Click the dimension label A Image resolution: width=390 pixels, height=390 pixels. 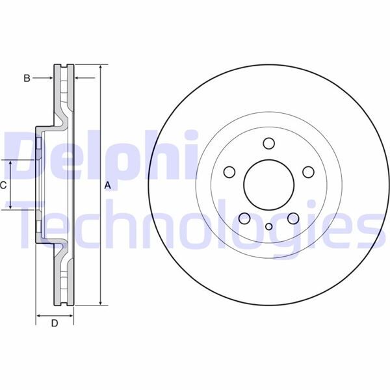[108, 185]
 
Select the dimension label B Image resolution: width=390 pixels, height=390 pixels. [27, 78]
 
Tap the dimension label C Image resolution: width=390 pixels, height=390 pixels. [3, 185]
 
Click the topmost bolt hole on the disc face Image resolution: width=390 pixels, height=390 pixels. [268, 144]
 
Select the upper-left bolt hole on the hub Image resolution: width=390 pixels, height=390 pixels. [229, 172]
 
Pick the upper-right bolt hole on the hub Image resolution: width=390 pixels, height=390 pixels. [308, 172]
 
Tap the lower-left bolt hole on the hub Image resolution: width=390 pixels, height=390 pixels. [244, 219]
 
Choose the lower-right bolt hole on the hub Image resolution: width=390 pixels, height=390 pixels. [292, 219]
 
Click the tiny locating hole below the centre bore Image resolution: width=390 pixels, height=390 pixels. [268, 227]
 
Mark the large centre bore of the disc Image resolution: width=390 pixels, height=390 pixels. [268, 185]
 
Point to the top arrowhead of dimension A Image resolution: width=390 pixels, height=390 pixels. [101, 68]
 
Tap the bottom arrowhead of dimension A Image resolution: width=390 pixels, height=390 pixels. [101, 303]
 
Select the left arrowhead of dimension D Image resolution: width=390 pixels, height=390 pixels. [38, 315]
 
